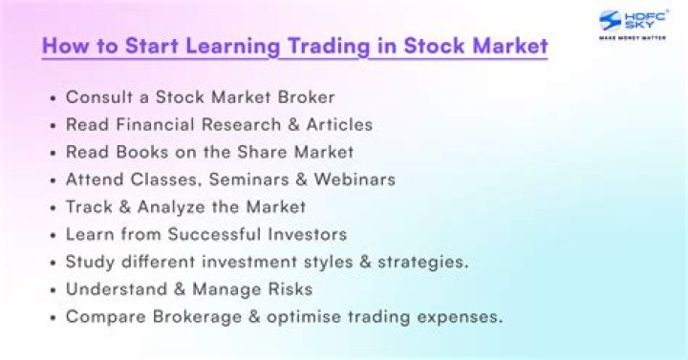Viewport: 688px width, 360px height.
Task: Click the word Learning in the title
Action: click(x=232, y=47)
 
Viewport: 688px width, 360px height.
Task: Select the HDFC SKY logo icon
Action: click(x=610, y=21)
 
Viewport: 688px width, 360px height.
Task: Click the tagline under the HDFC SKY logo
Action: click(x=633, y=37)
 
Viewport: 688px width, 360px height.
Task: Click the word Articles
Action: click(x=339, y=124)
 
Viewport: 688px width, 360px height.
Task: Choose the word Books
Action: click(x=142, y=152)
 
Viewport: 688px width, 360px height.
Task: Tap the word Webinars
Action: click(x=355, y=180)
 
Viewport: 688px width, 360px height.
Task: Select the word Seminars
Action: click(x=249, y=180)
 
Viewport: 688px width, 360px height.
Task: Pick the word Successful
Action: click(x=215, y=234)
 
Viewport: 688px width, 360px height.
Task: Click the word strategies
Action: click(x=423, y=263)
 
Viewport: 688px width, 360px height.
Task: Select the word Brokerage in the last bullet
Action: click(x=197, y=317)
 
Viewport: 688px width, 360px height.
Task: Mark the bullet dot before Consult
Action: click(x=54, y=98)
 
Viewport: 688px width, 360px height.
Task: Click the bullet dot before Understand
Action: click(x=54, y=290)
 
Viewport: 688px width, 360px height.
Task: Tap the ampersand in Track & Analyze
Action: click(x=125, y=207)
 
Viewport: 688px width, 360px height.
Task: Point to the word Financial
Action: click(x=155, y=124)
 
